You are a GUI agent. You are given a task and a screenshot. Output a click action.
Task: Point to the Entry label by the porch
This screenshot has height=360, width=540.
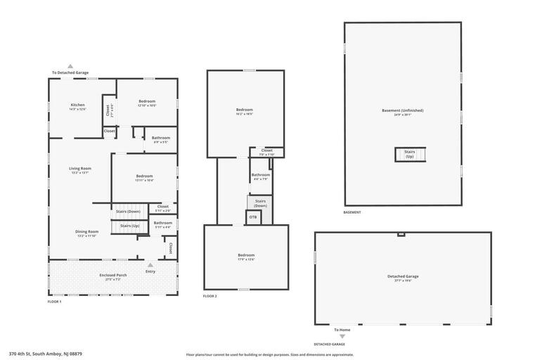[x=150, y=271]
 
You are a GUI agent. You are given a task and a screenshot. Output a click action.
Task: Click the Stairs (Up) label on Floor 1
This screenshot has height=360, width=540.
[x=129, y=226]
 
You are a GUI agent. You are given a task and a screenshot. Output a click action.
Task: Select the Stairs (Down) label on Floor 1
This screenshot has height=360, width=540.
[x=128, y=211]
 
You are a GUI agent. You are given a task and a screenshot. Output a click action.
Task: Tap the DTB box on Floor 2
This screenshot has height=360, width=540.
[x=253, y=217]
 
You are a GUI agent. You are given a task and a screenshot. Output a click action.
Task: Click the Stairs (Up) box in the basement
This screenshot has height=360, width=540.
[x=409, y=154]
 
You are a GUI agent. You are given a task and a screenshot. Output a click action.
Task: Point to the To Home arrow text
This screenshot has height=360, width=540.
[x=342, y=329]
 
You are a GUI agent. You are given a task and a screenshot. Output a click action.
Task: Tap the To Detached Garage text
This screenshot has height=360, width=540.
[x=70, y=72]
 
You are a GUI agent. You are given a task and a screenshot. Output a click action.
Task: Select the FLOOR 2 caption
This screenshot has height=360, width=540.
[x=210, y=297]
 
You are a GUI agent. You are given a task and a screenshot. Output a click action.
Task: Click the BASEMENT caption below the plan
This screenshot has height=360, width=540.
[x=352, y=212]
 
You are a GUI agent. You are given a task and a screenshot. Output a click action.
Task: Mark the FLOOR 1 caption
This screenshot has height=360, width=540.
[x=54, y=301]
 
